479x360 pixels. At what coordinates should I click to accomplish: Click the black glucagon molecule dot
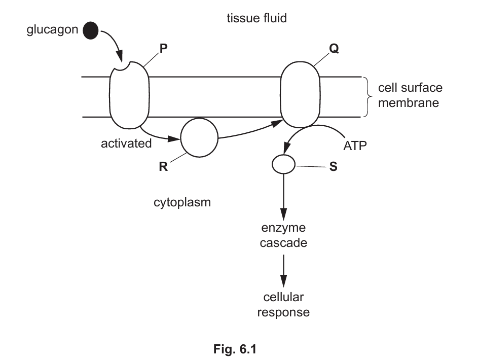(91, 30)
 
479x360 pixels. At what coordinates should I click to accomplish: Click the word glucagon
(52, 30)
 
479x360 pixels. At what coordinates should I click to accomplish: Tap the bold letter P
(163, 49)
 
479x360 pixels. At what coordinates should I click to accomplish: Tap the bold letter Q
(334, 49)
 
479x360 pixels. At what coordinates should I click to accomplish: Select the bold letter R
(163, 167)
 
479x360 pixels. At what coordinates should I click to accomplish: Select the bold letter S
(333, 166)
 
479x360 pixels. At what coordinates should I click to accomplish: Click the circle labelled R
(199, 138)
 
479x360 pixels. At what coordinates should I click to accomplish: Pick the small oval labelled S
(283, 164)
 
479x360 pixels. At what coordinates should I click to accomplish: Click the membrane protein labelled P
(129, 99)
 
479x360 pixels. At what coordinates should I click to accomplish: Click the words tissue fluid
(256, 19)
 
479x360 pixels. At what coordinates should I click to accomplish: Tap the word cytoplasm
(182, 203)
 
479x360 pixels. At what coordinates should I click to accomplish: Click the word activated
(126, 143)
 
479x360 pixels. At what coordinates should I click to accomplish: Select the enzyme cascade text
(283, 235)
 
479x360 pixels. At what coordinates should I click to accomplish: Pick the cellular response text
(283, 304)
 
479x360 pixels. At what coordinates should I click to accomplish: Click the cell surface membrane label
(410, 95)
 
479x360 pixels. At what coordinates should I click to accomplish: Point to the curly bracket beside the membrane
(366, 97)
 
